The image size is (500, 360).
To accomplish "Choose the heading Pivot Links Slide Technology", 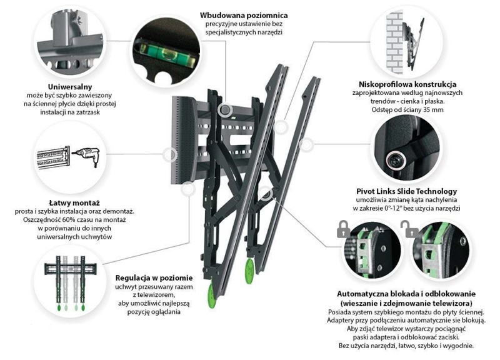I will (x=407, y=191).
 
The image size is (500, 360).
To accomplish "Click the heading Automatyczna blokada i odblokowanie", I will (x=406, y=294).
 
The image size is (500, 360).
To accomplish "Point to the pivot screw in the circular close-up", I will (x=396, y=157).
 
